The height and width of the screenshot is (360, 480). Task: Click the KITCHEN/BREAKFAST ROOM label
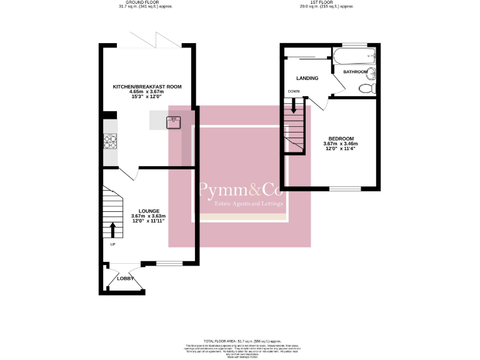click(147, 86)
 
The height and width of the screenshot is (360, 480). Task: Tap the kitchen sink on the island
click(174, 121)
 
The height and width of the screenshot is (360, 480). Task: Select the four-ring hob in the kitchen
click(109, 142)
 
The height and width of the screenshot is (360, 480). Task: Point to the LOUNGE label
click(148, 211)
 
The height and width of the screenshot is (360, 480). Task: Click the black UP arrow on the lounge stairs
click(113, 229)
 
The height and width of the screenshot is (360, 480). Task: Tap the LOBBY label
click(126, 278)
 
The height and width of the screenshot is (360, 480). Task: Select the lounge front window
click(167, 263)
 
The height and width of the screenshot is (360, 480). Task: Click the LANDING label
click(308, 78)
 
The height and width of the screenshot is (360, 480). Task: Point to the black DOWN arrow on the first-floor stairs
click(294, 107)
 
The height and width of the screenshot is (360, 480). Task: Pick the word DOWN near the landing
click(293, 92)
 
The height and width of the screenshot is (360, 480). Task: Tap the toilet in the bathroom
click(366, 89)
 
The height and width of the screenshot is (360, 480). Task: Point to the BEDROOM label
click(341, 138)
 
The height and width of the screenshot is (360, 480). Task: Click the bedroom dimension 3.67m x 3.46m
click(341, 144)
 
